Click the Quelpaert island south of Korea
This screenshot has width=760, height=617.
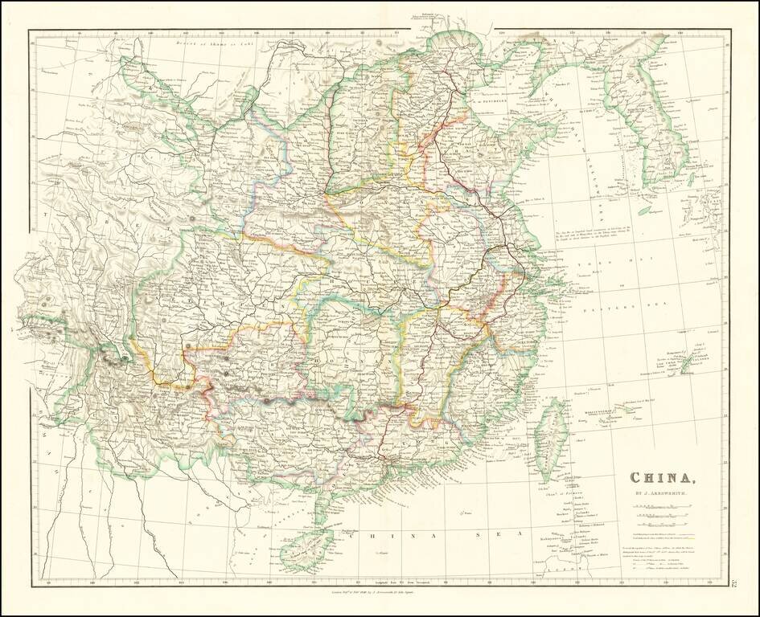tap(642, 211)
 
